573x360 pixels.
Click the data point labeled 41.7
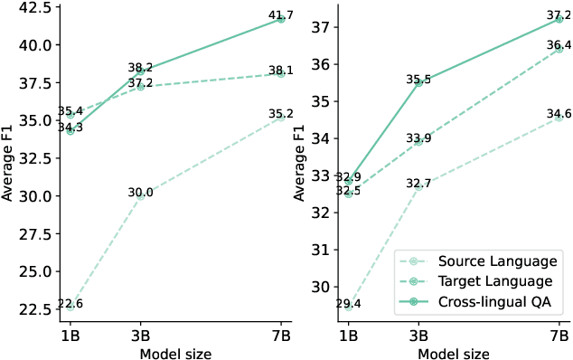point(280,19)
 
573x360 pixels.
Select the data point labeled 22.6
point(70,308)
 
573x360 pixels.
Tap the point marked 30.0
point(140,194)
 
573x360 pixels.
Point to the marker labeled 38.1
point(280,74)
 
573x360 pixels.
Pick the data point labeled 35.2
point(280,117)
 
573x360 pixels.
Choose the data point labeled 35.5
point(417,81)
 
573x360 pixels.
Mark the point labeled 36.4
point(559,49)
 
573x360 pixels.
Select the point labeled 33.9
point(417,141)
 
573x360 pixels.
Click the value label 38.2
point(139,67)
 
